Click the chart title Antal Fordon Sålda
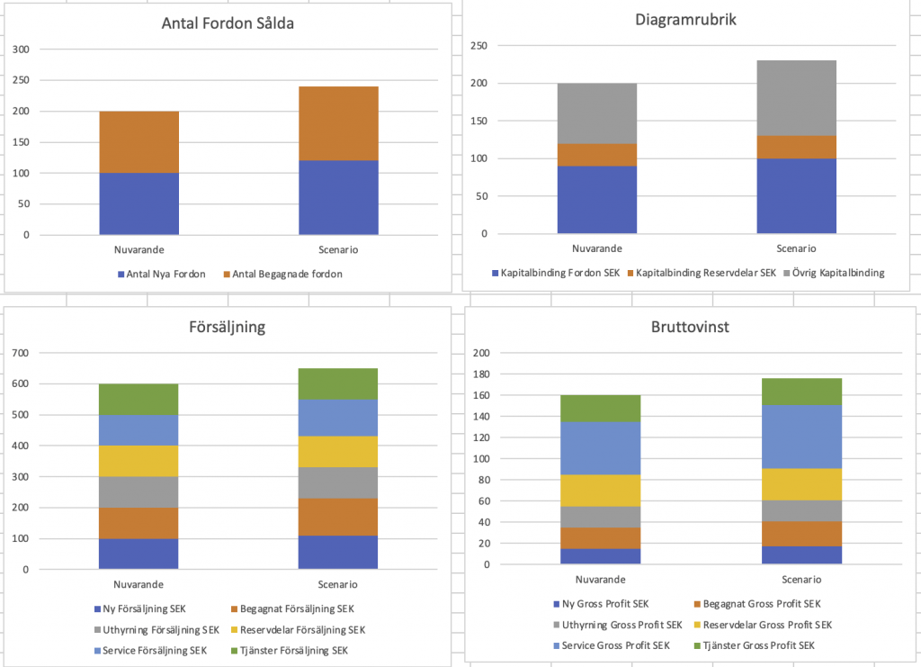pyautogui.click(x=228, y=24)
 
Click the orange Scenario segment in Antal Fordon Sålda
pyautogui.click(x=338, y=123)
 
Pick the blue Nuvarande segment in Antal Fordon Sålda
pyautogui.click(x=139, y=203)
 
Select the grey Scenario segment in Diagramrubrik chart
pyautogui.click(x=797, y=98)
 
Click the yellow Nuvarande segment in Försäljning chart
pyautogui.click(x=139, y=461)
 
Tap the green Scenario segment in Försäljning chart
pyautogui.click(x=338, y=383)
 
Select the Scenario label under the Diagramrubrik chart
pyautogui.click(x=796, y=248)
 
